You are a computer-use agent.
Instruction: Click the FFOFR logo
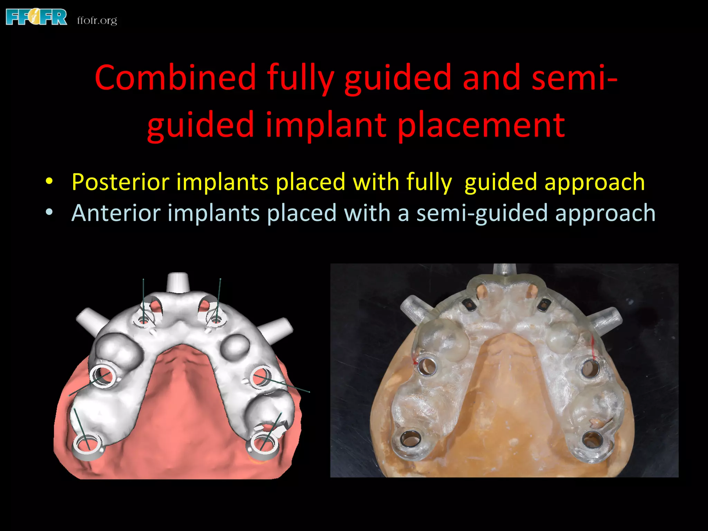[x=36, y=17]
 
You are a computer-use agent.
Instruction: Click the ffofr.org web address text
[x=97, y=20]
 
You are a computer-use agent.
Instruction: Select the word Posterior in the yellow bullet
[x=121, y=182]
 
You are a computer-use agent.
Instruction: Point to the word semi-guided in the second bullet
[x=482, y=213]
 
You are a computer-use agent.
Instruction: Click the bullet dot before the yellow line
[x=49, y=181]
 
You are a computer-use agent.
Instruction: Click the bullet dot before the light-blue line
[x=49, y=212]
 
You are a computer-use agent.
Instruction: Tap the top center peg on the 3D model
[x=177, y=282]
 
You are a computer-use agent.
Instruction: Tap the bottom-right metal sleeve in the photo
[x=592, y=440]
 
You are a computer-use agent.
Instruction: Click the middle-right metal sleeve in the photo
[x=590, y=369]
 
